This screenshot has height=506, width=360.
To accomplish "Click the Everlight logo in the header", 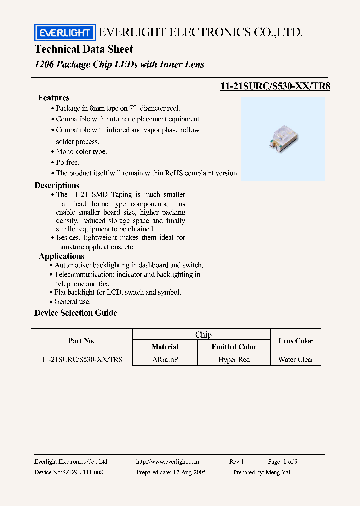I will (64, 33).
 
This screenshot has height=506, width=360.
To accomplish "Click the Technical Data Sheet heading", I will (84, 49).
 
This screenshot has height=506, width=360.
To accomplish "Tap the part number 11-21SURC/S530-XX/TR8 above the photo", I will (275, 86).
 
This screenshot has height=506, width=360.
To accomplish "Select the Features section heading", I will (54, 98).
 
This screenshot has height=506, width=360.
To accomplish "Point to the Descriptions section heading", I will (57, 185).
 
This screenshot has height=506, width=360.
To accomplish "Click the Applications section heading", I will (62, 256).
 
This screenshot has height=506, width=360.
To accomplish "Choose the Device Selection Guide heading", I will (76, 313).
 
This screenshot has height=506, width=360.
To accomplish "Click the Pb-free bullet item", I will (67, 162).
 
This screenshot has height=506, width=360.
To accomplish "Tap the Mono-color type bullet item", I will (81, 151).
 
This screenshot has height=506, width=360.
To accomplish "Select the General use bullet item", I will (72, 302).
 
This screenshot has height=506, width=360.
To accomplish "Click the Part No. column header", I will (81, 341).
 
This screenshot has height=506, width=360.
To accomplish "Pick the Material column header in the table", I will (165, 347).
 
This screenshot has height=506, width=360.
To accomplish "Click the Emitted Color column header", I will (234, 347).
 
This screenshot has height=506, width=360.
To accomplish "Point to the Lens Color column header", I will (296, 341).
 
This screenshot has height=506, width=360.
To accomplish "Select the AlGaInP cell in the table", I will (165, 360).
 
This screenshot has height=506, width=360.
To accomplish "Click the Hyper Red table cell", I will (234, 360).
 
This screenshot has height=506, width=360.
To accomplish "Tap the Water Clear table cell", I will (296, 360).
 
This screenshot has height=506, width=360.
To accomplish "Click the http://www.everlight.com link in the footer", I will (167, 462).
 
